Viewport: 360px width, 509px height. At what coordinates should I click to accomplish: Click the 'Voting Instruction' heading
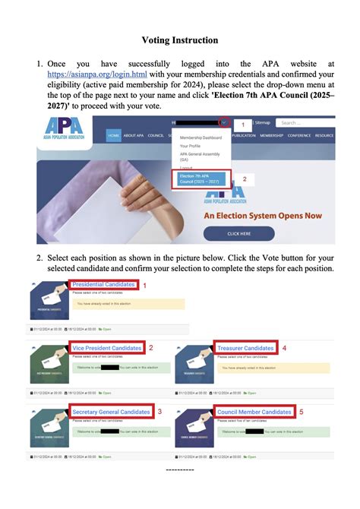coord(179,40)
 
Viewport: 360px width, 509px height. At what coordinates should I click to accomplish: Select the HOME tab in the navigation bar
coord(113,135)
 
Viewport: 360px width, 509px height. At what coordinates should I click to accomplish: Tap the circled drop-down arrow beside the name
coord(224,122)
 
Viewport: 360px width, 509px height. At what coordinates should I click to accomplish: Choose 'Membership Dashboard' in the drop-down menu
coord(201,138)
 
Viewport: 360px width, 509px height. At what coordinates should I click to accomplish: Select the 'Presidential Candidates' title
coord(103,285)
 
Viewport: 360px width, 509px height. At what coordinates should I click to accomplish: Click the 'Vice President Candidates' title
coord(107,348)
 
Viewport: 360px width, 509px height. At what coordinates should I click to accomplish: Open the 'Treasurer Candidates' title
coord(245,348)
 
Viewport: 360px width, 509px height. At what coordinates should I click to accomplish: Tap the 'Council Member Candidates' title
coord(254,412)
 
